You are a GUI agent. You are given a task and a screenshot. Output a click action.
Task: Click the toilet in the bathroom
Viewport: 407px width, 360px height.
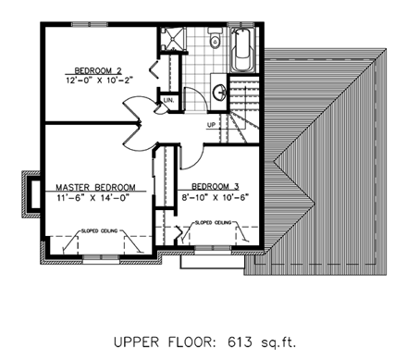pyautogui.click(x=215, y=39)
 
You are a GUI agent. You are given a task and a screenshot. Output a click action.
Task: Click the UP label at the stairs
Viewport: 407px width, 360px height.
pyautogui.click(x=212, y=124)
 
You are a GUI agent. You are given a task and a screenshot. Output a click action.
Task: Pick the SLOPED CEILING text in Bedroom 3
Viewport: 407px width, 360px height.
pyautogui.click(x=215, y=223)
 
